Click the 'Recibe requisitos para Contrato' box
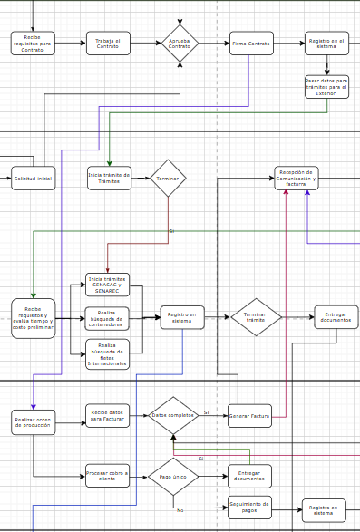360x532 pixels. tap(33, 44)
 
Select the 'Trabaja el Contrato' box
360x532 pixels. tap(109, 44)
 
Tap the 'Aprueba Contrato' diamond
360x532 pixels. tap(180, 44)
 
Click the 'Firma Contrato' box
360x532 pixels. tap(251, 44)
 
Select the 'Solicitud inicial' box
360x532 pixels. tap(33, 179)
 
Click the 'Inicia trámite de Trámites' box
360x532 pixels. tap(109, 179)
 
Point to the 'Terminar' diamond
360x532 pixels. tap(168, 179)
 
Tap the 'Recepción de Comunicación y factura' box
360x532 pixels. tap(297, 179)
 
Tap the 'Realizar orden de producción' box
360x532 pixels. tap(33, 421)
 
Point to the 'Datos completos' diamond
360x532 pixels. tap(173, 415)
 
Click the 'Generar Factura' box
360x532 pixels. tap(249, 416)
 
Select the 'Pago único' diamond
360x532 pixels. tap(173, 476)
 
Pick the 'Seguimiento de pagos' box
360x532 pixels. tap(249, 508)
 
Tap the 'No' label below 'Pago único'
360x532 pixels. tap(180, 509)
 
